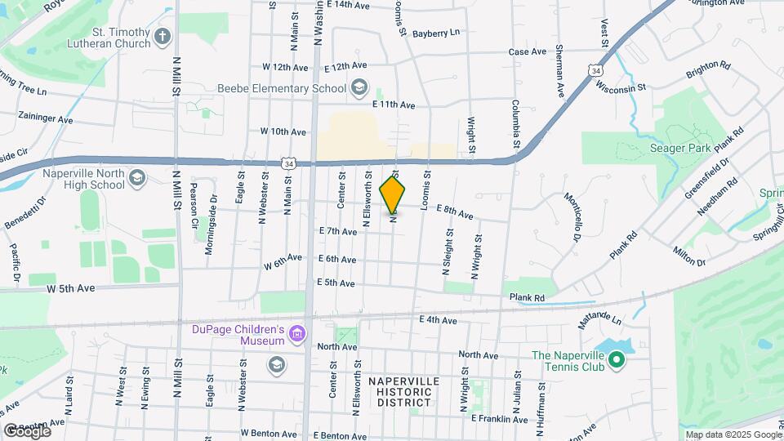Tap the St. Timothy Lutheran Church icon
click(x=163, y=36)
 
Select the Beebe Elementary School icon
click(x=359, y=87)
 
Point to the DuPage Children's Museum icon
click(x=297, y=334)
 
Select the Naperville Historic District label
click(x=403, y=392)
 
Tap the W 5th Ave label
click(x=71, y=288)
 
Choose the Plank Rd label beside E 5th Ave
click(x=527, y=298)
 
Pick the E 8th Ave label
click(x=455, y=212)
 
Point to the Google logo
click(x=27, y=430)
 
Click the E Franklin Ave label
click(x=500, y=419)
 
